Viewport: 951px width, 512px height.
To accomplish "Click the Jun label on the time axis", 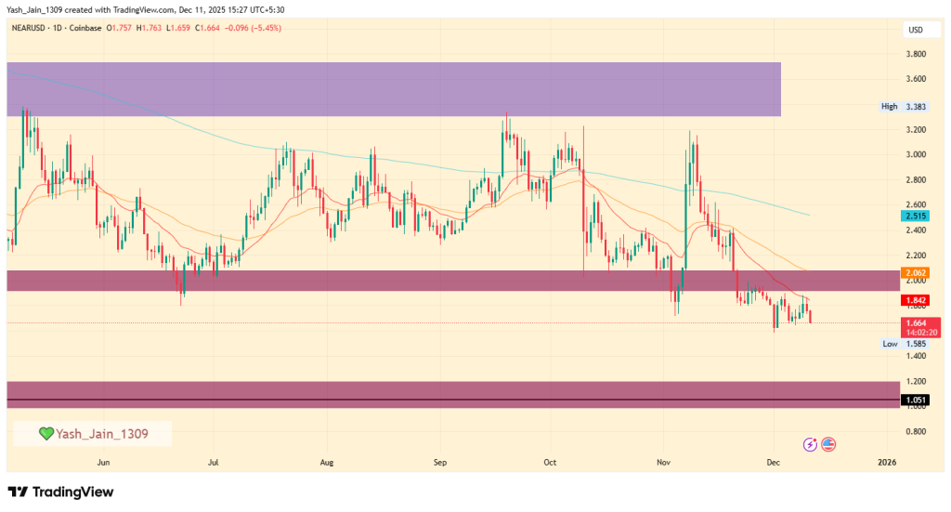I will tap(103, 461).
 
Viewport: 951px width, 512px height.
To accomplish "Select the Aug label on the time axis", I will tap(326, 461).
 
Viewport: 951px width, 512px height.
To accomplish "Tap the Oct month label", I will tap(549, 461).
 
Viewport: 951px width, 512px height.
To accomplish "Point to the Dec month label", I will tap(773, 461).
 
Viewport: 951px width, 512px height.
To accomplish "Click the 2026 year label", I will tap(887, 461).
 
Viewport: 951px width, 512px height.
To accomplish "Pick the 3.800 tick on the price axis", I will tap(916, 54).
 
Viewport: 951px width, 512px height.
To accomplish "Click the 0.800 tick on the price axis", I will tap(916, 431).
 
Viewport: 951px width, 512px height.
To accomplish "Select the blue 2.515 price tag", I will tap(916, 216).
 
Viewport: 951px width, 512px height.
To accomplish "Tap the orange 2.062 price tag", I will tap(916, 272).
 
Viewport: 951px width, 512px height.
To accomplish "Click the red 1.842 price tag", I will tap(916, 300).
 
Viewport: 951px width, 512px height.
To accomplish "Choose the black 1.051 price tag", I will tap(916, 400).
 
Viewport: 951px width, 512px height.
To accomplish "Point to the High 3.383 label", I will tap(903, 107).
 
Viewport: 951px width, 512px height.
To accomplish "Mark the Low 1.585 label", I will tap(903, 343).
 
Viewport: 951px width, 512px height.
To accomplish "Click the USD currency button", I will tap(916, 30).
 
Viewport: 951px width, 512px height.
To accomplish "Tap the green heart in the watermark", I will tap(46, 433).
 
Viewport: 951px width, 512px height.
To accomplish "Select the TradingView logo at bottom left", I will tap(60, 492).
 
